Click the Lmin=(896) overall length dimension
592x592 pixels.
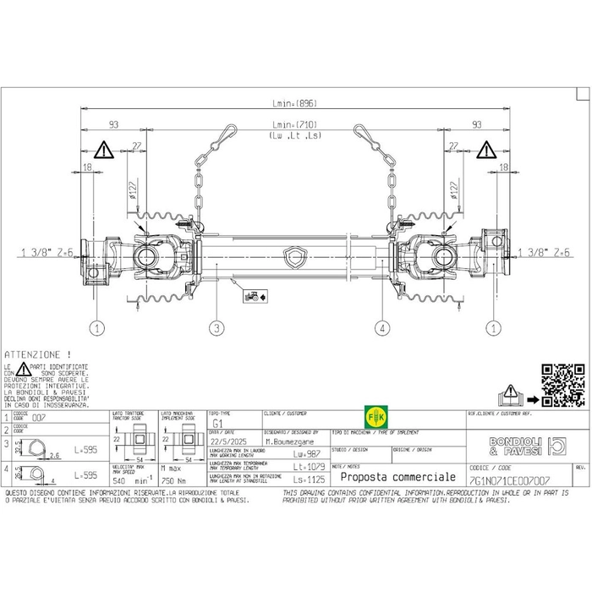point(295,103)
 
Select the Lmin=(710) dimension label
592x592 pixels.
point(295,125)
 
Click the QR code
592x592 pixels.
point(562,385)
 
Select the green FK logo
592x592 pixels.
point(374,418)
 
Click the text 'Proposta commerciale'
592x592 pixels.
point(386,478)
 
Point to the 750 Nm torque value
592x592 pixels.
point(173,479)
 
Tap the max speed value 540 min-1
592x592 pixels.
point(130,479)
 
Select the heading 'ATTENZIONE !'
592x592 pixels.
point(38,354)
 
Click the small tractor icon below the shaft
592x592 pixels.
point(251,297)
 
